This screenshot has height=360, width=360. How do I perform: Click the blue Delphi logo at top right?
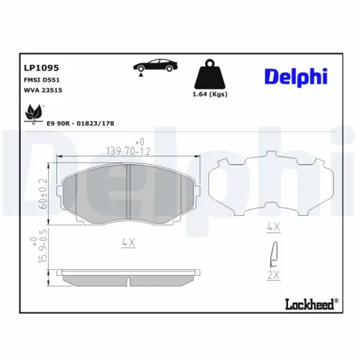pos(295,76)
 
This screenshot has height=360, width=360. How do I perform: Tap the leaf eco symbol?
pos(33,113)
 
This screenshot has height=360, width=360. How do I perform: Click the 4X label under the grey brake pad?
pos(127,243)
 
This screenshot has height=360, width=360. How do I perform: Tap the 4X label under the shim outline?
pos(272,228)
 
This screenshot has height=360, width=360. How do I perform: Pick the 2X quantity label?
pos(272,275)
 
